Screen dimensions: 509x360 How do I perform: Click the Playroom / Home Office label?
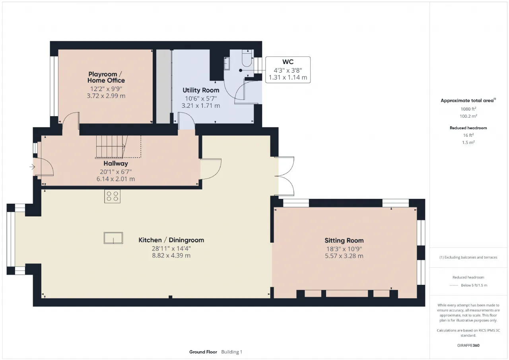coord(106,77)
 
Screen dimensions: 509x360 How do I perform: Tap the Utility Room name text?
coord(201,90)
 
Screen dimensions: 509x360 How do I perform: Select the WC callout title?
coord(288,62)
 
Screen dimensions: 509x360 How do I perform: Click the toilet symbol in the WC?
coord(247,58)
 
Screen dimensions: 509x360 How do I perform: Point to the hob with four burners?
coord(112,197)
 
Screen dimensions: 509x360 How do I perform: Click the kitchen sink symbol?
coord(113,238)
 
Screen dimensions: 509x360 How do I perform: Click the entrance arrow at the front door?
coord(32,167)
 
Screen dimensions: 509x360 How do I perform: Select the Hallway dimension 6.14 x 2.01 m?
coord(116,179)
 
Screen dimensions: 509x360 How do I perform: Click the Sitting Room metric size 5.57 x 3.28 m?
coord(344,256)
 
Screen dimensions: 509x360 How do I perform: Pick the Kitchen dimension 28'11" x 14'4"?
coord(171,248)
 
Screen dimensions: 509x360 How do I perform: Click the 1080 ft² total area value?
coord(468,109)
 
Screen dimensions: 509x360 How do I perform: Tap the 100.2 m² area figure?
coord(468,116)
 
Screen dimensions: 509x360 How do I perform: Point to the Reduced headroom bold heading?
coord(468,128)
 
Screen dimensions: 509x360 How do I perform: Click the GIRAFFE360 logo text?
coord(468,345)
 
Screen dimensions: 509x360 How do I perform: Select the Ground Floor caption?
coord(203,352)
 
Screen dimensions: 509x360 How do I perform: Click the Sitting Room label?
coord(344,240)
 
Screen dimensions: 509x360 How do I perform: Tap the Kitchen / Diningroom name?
coord(171,240)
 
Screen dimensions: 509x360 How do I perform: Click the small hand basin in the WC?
coord(227,63)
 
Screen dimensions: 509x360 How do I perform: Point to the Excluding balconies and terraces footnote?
coord(468,257)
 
